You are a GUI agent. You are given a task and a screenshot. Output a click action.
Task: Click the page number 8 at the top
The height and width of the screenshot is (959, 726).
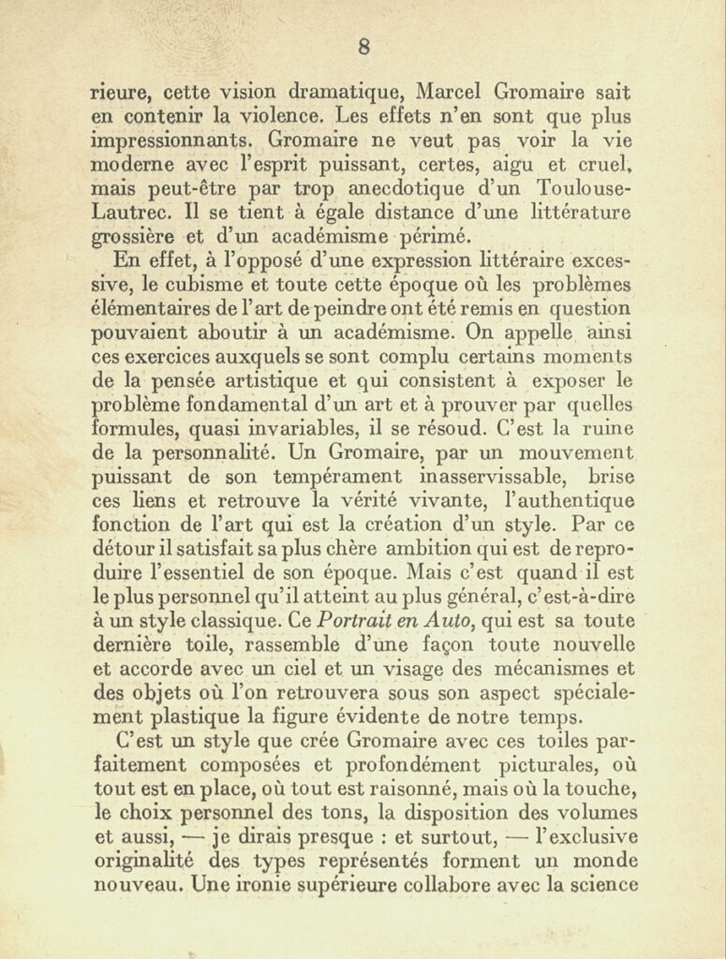tap(363, 47)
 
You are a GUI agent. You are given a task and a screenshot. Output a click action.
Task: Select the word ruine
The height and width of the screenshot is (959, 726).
tap(605, 428)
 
